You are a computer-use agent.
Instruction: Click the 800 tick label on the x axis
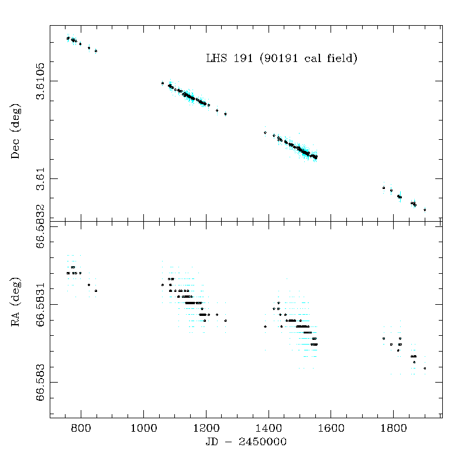point(81,428)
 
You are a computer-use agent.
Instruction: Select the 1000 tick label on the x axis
point(143,428)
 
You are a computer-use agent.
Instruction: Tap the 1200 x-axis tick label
point(206,428)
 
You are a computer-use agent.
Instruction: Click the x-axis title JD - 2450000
point(246,442)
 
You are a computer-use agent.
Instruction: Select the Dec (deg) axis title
point(17,132)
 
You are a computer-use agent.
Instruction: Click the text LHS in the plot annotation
point(216,58)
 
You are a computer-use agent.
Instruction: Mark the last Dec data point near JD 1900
point(425,209)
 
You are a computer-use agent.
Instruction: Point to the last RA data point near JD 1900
point(425,368)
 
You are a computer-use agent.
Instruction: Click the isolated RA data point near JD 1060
point(163,285)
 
